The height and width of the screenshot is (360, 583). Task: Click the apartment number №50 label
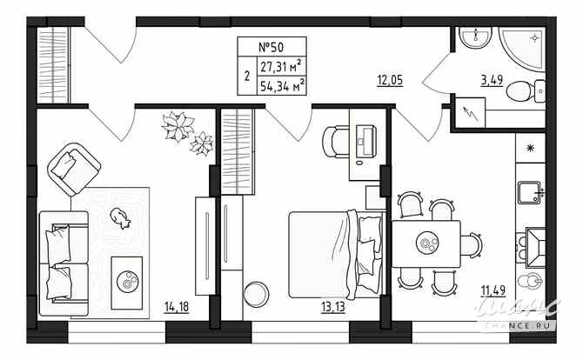coord(271,48)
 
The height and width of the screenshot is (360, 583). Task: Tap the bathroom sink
coord(473,38)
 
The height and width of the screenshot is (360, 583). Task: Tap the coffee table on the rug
coord(127,278)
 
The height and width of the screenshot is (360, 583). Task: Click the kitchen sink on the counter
coord(527,190)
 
